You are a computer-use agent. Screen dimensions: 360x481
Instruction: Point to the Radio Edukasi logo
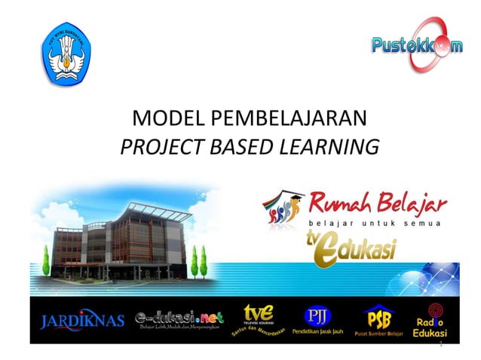[x=436, y=319]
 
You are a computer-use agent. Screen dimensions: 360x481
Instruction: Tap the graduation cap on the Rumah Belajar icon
[x=296, y=197]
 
